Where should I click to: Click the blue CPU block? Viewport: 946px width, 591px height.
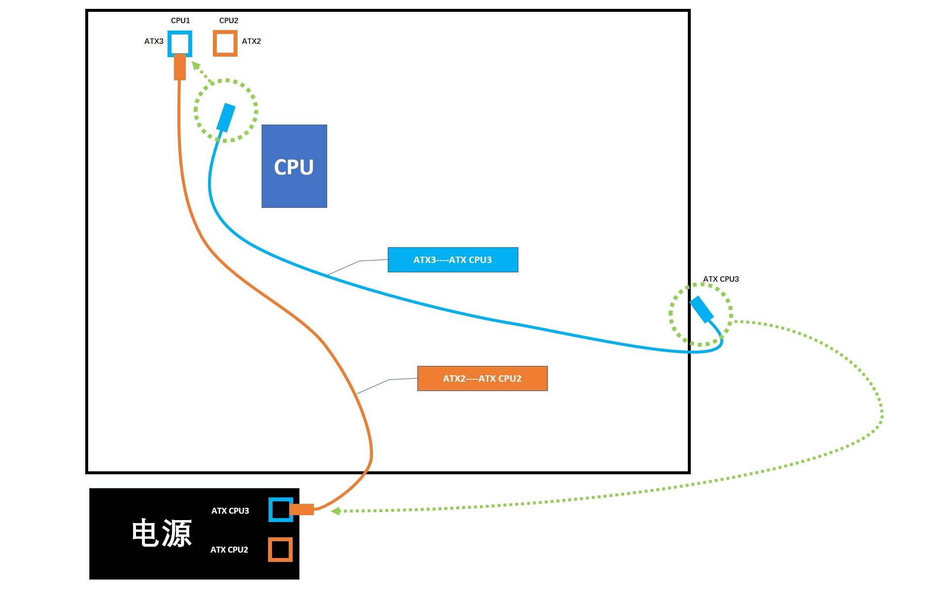click(294, 166)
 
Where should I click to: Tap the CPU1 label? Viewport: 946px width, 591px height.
click(180, 20)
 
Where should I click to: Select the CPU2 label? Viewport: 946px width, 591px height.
click(229, 20)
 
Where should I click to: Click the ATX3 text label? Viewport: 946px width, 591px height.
click(154, 41)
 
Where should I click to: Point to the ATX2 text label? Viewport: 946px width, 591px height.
click(251, 41)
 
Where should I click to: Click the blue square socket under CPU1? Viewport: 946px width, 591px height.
click(180, 43)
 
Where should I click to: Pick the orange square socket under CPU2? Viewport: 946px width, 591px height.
click(225, 43)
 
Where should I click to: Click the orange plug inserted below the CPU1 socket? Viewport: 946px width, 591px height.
click(180, 67)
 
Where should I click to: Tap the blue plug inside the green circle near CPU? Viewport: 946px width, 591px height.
click(226, 117)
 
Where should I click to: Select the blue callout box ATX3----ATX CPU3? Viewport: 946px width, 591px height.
click(453, 260)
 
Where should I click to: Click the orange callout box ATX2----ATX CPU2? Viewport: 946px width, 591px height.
click(482, 378)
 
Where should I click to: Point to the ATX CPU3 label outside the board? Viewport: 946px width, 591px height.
click(721, 279)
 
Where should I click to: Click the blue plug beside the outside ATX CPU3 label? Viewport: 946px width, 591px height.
click(702, 309)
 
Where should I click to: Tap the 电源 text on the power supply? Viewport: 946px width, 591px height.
click(162, 533)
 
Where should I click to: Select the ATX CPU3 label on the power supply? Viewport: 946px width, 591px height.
click(230, 511)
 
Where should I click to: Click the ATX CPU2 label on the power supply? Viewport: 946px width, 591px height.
click(229, 550)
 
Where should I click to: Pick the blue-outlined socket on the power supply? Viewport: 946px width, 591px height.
click(280, 510)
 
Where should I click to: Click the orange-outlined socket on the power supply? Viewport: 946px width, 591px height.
click(280, 549)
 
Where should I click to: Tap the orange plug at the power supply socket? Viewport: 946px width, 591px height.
click(302, 509)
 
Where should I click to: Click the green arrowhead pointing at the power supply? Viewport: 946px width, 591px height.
click(336, 511)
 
